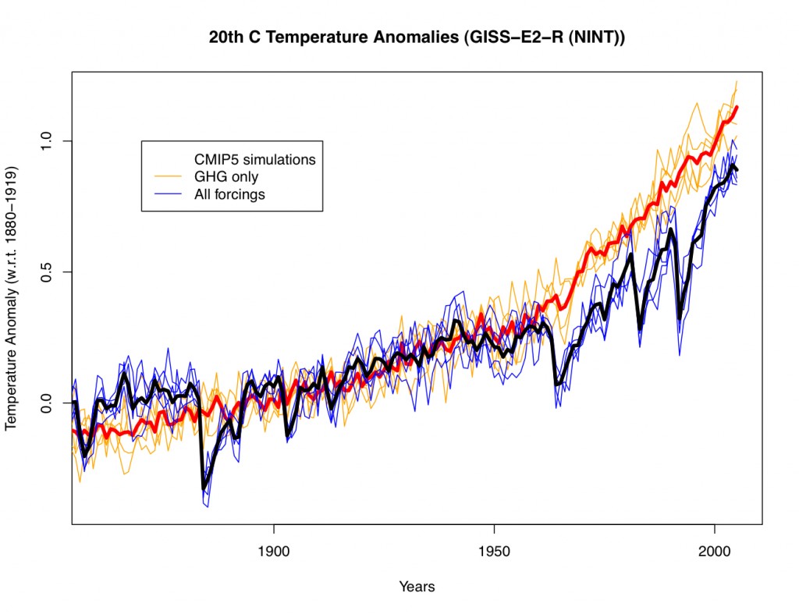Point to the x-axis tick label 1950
[495, 553]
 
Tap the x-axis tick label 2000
[716, 553]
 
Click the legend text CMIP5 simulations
[254, 159]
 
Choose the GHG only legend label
[225, 177]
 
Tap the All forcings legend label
[229, 194]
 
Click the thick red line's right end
[737, 108]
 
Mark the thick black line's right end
[737, 170]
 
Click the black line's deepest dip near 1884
[204, 488]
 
